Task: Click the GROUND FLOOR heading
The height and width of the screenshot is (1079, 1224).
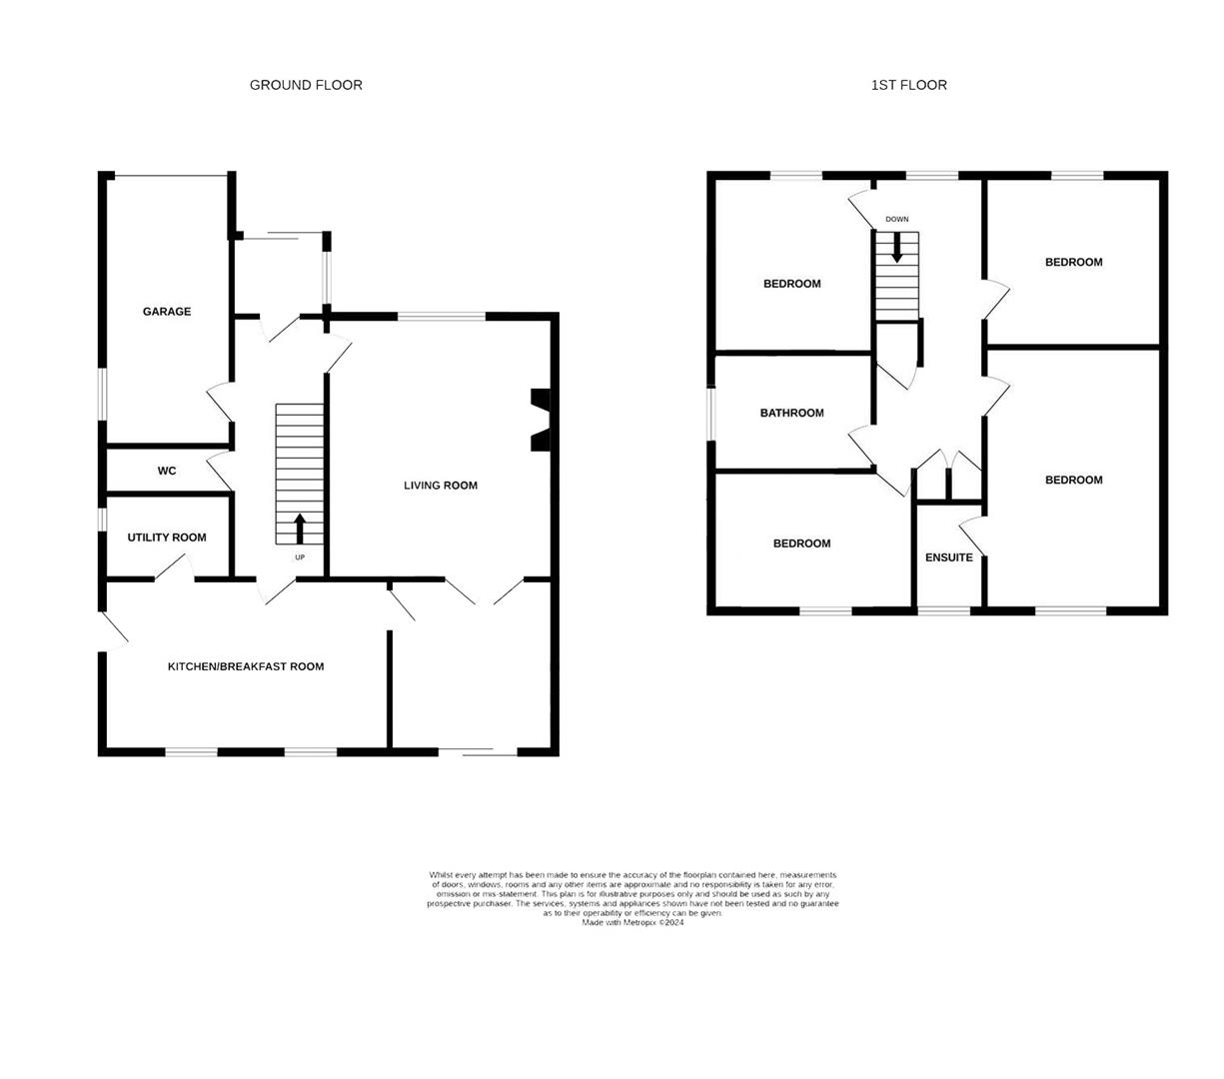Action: pos(306,85)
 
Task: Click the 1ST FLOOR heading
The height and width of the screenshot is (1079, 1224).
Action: pos(908,85)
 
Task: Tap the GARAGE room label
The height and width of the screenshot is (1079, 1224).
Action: pos(167,312)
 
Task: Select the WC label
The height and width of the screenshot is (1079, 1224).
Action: pos(167,471)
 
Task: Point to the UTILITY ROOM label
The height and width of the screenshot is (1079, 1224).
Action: pos(167,538)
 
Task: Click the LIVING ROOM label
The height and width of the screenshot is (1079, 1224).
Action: pos(441,486)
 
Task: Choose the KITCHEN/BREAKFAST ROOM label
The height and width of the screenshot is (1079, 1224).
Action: pos(246,666)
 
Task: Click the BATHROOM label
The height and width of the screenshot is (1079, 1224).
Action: pos(792,413)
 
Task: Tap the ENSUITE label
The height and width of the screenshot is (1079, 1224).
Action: pos(948,557)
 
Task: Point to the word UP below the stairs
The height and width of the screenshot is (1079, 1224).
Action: pos(300,557)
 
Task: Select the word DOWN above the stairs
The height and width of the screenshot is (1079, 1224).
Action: pos(896,219)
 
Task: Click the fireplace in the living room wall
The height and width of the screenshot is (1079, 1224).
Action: pos(541,420)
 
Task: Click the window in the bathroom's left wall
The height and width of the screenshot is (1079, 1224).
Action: pos(711,413)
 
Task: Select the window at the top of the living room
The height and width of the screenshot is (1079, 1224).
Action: pos(442,317)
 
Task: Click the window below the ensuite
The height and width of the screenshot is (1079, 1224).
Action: pos(944,608)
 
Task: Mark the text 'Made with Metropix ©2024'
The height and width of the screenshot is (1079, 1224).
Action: pos(632,923)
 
